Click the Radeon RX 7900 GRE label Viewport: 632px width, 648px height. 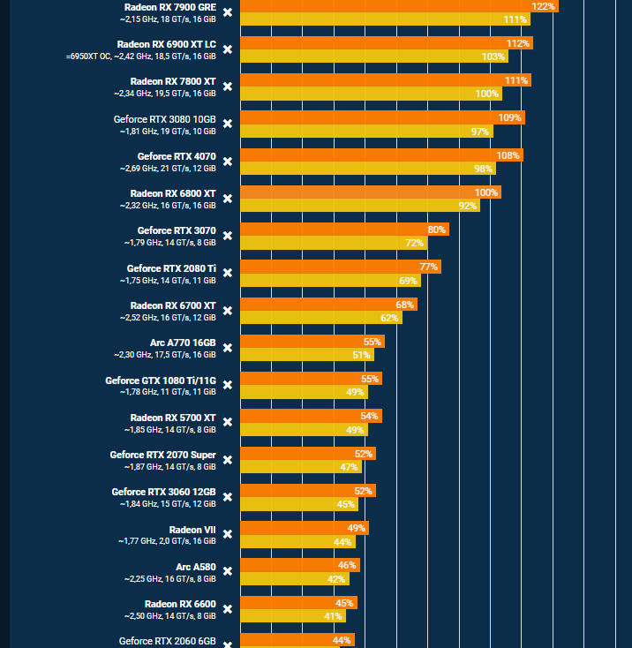click(169, 6)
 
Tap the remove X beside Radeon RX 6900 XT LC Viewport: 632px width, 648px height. click(228, 49)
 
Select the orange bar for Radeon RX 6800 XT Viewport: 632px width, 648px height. click(370, 192)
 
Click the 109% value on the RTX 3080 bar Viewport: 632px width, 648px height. click(509, 117)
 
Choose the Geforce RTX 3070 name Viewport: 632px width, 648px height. click(177, 230)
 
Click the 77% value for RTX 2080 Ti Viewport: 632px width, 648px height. click(429, 267)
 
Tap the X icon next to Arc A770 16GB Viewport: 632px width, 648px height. click(228, 348)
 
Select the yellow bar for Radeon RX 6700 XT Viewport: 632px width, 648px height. click(320, 318)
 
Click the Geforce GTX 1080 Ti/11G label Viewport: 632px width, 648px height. click(161, 380)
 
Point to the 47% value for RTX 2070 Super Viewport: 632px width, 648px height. click(349, 467)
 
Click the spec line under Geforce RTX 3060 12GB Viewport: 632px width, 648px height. click(168, 504)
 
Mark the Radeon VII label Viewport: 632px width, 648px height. click(192, 529)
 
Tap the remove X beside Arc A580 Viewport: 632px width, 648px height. click(228, 571)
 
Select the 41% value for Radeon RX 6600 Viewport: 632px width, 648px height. click(333, 616)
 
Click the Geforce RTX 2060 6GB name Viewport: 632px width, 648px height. click(167, 641)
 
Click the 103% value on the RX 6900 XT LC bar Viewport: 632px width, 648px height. click(493, 57)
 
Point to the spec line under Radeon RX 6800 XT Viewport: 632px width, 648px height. click(168, 206)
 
